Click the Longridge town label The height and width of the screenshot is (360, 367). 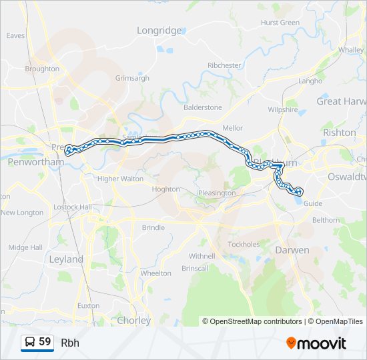[159, 31]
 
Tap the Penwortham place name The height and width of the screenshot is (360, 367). [25, 161]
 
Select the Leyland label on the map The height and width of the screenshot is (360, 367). [66, 259]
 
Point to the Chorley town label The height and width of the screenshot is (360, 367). [133, 321]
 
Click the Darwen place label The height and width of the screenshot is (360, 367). [292, 250]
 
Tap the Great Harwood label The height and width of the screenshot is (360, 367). [341, 101]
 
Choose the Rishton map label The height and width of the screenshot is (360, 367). [339, 133]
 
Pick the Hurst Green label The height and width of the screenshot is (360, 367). [280, 23]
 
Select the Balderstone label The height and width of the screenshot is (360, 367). [203, 107]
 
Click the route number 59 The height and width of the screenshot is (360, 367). [45, 342]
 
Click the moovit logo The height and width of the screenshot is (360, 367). [316, 343]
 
